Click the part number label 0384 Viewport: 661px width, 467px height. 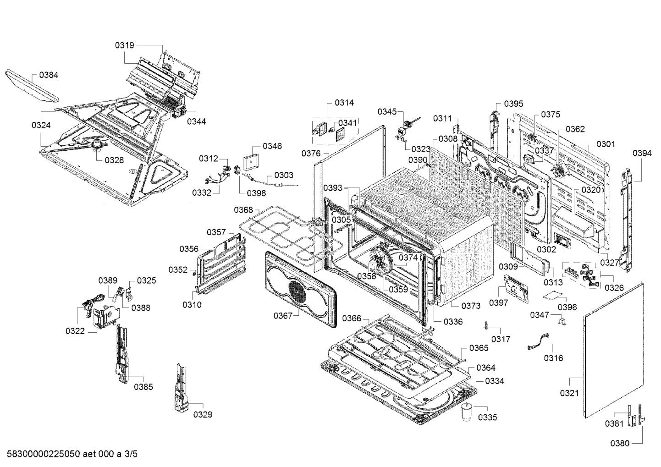(49, 75)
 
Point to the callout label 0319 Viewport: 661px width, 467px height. (124, 45)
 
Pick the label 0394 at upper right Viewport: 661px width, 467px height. (642, 154)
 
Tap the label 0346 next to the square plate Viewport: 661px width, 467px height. (272, 146)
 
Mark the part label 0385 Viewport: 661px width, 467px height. (143, 387)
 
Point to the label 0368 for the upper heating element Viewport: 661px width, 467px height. (243, 210)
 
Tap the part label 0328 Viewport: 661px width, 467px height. (114, 160)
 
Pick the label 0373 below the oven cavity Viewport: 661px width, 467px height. (471, 306)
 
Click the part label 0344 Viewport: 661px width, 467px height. (196, 121)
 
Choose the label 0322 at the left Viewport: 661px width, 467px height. (75, 331)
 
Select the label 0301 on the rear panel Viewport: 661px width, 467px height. (606, 144)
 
